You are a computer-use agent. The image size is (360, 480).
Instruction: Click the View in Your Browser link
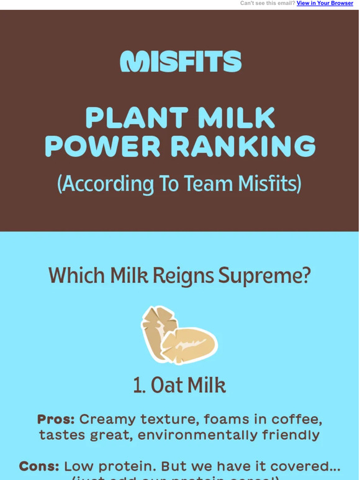(x=325, y=3)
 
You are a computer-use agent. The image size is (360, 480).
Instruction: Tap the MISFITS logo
(x=180, y=61)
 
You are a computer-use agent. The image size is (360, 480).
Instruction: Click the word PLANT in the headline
(x=128, y=118)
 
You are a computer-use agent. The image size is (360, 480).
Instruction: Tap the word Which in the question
(x=77, y=276)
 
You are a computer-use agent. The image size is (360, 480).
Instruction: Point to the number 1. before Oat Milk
(x=138, y=385)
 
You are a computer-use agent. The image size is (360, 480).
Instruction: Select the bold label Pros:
(x=56, y=419)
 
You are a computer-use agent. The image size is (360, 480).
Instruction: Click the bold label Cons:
(x=39, y=466)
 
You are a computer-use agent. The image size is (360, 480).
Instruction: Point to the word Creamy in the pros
(x=102, y=419)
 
